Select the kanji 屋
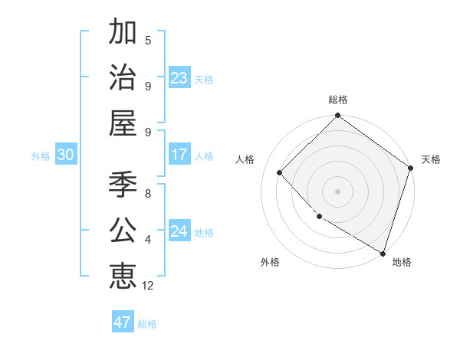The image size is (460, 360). point(123,123)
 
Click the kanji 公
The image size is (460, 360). point(123,230)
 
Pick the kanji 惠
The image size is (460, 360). point(123,276)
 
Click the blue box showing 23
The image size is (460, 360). point(179,78)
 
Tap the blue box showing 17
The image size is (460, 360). point(179,155)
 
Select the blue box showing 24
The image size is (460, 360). point(179,231)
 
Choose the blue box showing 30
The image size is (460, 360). point(66,155)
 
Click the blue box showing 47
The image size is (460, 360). point(123,322)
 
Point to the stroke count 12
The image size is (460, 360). point(148,286)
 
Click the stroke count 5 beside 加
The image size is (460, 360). point(148,41)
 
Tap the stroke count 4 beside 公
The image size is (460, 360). point(148,240)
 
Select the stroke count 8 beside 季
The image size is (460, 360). point(148,194)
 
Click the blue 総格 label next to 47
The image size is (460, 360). point(147,324)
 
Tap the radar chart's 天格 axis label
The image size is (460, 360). point(431,159)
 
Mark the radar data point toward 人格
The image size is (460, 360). point(280,172)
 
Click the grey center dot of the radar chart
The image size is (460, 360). point(337,191)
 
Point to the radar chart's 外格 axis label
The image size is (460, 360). point(270,263)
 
